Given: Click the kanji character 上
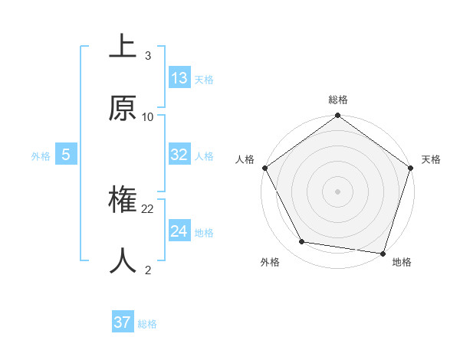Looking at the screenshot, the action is coord(123,47).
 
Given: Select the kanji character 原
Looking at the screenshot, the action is coord(123,109).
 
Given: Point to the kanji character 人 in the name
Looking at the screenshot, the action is coord(123,261).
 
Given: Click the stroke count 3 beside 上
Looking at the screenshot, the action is coord(147,56).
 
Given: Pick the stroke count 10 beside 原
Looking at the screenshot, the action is coord(148,117).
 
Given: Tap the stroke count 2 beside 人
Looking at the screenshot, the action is coord(147,270).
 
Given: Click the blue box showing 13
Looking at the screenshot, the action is coord(179,78).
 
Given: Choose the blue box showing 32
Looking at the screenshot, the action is coord(179,155).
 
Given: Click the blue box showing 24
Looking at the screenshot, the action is coord(179,231).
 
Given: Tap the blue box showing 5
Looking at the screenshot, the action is coord(66,155).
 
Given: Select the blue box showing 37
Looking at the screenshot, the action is coord(123,323).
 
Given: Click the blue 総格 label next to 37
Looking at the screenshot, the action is coord(147,324).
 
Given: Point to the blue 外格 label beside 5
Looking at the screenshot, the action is coord(41,156).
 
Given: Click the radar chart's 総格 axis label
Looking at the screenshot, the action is coord(338,100).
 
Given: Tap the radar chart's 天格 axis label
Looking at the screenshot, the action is coord(431,159).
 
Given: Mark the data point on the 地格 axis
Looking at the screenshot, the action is coord(383,254).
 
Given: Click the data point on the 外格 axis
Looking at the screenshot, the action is coord(302,242).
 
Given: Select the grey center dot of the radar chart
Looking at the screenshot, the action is coord(338,191).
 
